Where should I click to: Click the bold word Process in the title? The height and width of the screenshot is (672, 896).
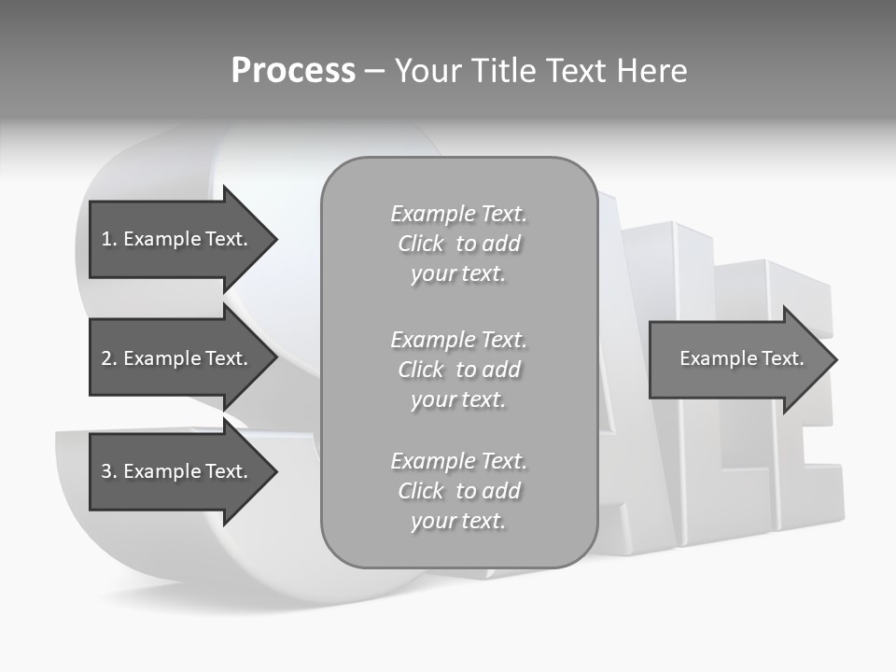(x=293, y=71)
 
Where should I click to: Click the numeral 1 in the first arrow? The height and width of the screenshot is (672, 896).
(x=105, y=239)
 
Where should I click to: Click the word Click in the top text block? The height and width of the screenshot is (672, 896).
(x=421, y=245)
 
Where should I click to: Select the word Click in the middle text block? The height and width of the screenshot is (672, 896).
(x=421, y=370)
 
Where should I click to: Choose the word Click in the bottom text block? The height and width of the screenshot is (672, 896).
(x=421, y=491)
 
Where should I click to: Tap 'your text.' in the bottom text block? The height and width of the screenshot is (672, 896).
(x=458, y=522)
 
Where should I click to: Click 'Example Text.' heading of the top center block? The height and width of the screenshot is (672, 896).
(x=458, y=214)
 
